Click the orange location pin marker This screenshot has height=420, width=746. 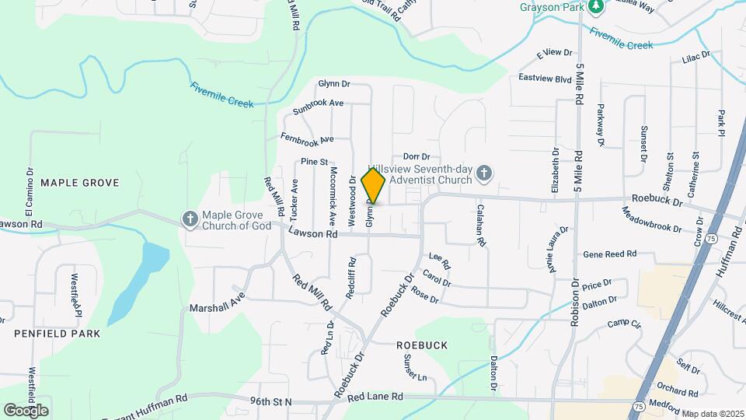pos(373,186)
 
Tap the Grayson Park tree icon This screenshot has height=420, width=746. pos(596,7)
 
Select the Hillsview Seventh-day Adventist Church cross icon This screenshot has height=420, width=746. pos(484,173)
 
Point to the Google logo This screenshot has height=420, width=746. pos(26,410)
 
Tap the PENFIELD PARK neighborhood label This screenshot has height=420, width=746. pos(57,333)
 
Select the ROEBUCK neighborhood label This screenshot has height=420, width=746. pos(423,344)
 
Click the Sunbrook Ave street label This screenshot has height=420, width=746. pos(319,107)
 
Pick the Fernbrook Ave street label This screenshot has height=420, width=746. pos(307,138)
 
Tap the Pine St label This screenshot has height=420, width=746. pos(314,162)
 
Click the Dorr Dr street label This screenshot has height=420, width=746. pos(417,157)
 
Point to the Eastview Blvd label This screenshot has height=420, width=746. pos(545,79)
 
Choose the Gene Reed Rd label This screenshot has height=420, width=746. pos(609,254)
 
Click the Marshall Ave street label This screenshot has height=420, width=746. pos(217,303)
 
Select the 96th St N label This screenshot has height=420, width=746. pos(270,401)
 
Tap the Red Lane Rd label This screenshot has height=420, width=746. pos(375,397)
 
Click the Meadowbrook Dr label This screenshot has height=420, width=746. pos(651,220)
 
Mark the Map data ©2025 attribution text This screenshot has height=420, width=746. pos(713,413)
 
